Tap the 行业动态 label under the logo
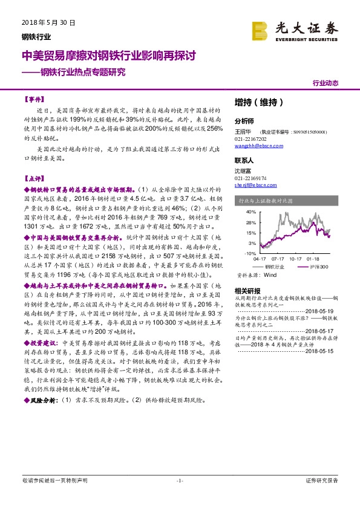326,83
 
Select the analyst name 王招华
244,131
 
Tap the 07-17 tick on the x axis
277,257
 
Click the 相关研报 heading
246,290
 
